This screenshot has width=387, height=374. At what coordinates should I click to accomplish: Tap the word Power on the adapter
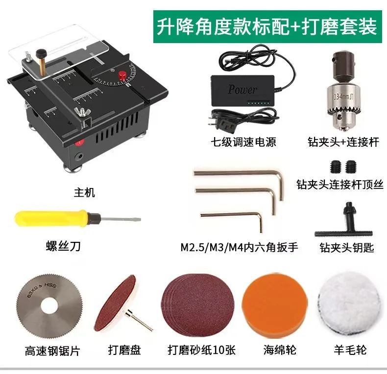coord(242,90)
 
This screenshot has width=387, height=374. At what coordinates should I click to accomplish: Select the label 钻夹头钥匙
coord(346,248)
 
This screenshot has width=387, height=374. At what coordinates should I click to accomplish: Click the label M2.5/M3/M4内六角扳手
coord(239,247)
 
